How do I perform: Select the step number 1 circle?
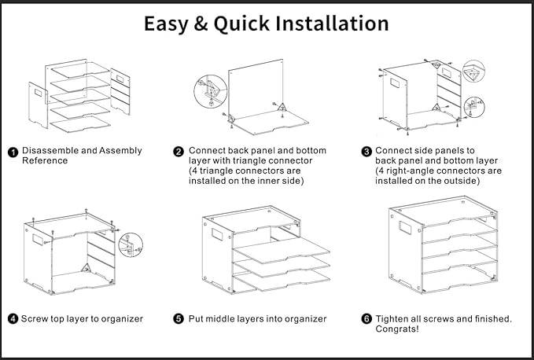coord(13,152)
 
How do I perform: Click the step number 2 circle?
coord(179,152)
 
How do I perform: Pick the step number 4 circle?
coord(13,319)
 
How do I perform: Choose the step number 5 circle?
coord(179,319)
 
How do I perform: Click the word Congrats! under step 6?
coord(397,329)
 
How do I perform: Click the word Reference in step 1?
coord(45,161)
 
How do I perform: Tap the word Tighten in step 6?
coord(395,318)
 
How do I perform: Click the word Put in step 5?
coord(197,319)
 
